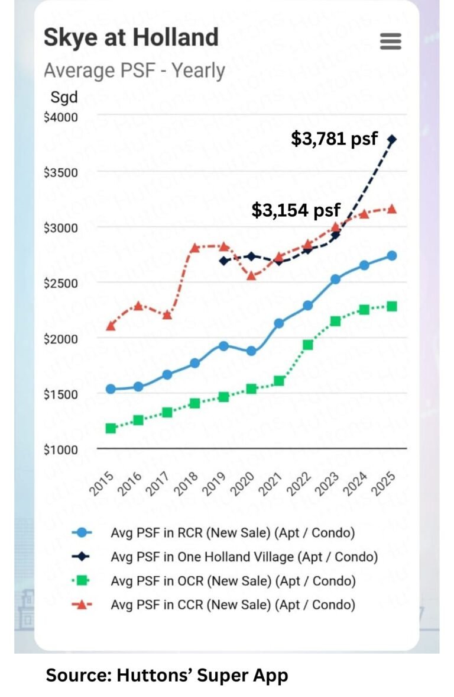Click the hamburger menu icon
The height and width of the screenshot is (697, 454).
click(390, 41)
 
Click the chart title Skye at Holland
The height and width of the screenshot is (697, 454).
click(131, 37)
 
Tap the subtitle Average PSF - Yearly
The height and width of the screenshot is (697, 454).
click(134, 70)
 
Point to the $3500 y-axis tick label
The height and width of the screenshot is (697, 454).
click(61, 172)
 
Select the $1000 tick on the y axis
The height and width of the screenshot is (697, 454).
click(61, 449)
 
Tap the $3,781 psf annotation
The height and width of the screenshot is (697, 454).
click(334, 139)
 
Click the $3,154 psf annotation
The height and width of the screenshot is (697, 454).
click(296, 210)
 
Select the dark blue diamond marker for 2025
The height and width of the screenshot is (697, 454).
click(392, 139)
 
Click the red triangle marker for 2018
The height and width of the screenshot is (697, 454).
click(195, 248)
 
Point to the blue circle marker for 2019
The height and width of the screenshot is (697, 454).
click(223, 346)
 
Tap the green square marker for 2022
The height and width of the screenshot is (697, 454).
click(308, 345)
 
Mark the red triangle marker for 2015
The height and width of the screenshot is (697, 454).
click(111, 326)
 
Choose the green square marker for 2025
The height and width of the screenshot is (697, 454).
click(392, 306)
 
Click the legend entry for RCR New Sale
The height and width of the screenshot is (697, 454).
click(233, 532)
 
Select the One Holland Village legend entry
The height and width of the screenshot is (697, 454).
click(244, 557)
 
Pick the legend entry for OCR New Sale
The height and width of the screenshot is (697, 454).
click(233, 581)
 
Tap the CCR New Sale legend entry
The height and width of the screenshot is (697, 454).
click(233, 605)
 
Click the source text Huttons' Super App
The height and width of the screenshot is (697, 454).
click(167, 675)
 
